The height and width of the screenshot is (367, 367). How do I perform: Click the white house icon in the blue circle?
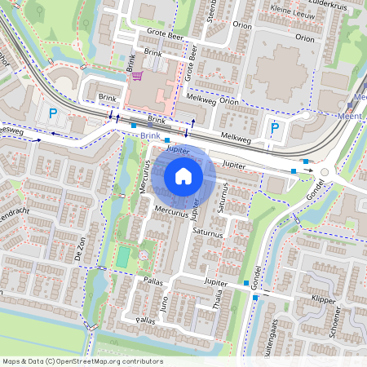[183, 175]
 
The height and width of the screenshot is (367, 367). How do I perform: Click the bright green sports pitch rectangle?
[122, 257]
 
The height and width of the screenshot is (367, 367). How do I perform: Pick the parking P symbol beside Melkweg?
[275, 127]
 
